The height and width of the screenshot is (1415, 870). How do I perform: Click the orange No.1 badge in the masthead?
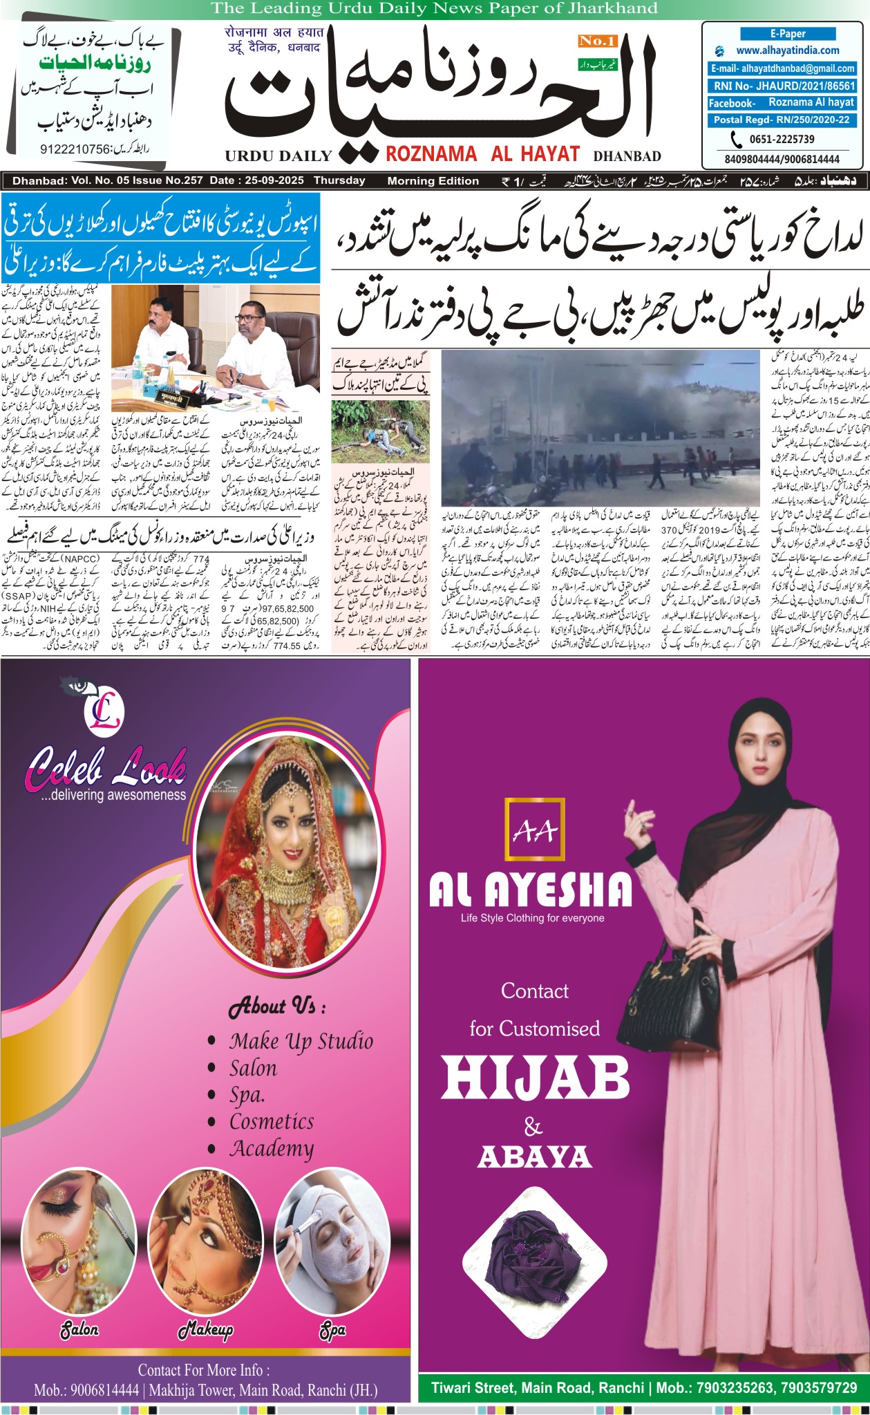pos(597,41)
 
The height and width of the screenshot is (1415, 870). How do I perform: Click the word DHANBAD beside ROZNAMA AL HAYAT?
pos(627,156)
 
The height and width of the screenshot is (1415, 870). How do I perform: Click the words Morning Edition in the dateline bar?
pos(433,181)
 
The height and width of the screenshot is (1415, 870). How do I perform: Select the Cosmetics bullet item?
pos(272,1121)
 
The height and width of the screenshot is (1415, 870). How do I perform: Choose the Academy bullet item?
pos(272,1148)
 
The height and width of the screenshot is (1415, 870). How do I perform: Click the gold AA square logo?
pos(535,830)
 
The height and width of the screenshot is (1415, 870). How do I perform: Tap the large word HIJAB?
pos(536,1079)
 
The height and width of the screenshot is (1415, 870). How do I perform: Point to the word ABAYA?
pos(534,1157)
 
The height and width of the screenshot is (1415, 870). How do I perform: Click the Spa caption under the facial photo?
pos(332,1330)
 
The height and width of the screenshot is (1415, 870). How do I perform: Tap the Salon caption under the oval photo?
pos(79,1330)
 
